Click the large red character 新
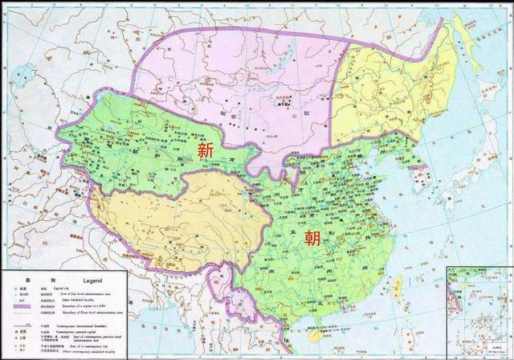pyautogui.click(x=206, y=150)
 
